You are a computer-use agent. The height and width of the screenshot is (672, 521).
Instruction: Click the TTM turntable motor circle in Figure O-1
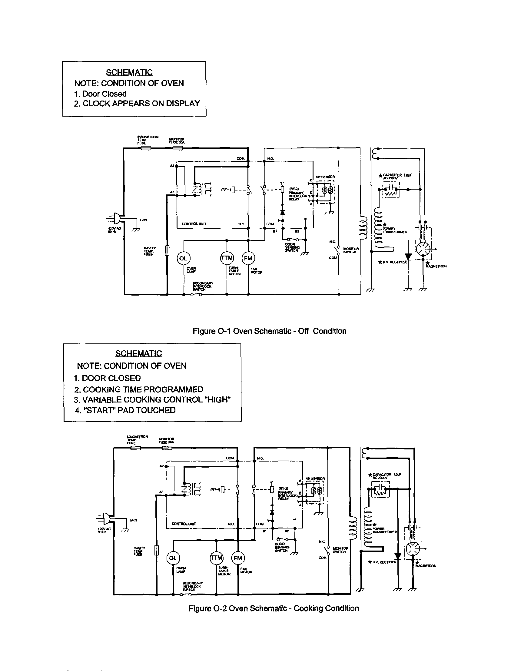[227, 258]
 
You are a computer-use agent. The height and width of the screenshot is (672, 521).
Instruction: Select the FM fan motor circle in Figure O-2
[238, 558]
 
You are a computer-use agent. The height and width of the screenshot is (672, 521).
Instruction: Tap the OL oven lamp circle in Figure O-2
[173, 558]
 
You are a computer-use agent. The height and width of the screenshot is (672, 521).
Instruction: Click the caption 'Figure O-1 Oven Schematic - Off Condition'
[269, 331]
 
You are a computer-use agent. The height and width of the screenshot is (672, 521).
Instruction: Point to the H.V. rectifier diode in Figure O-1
[408, 256]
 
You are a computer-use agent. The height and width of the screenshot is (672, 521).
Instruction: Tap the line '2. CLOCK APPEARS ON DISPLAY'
[137, 103]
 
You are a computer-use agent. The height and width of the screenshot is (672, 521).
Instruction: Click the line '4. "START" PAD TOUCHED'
[125, 410]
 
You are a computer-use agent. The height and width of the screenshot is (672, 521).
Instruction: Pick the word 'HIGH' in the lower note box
[218, 399]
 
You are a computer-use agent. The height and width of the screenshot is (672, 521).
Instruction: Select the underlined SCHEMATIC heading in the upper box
[129, 72]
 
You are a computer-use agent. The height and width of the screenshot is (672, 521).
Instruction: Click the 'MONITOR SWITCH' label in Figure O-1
[350, 250]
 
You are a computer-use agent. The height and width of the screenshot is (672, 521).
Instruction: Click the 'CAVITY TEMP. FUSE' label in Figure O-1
[150, 251]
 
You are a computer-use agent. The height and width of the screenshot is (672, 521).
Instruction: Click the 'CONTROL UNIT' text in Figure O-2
[184, 524]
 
